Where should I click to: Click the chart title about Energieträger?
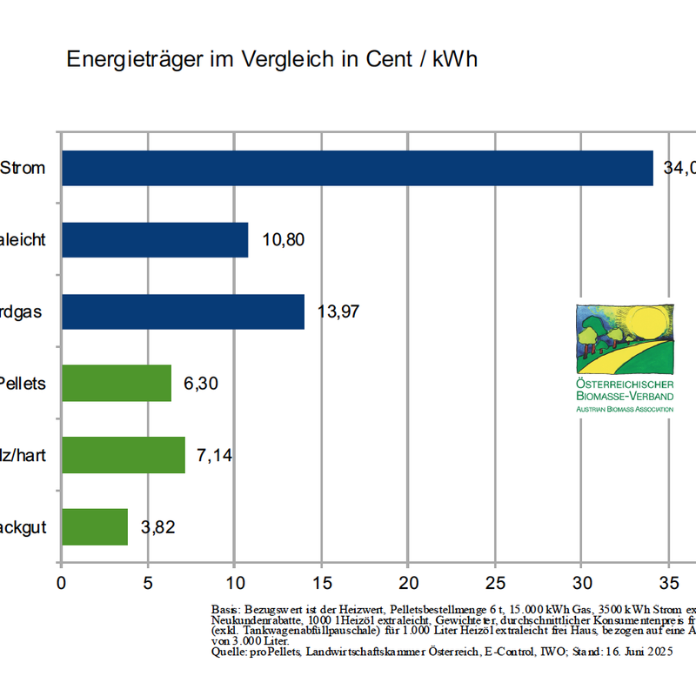[x=271, y=59]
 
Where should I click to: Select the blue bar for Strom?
[x=357, y=168]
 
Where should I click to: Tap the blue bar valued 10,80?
[x=154, y=240]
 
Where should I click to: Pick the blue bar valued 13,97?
[x=183, y=311]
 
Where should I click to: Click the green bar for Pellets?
[x=116, y=383]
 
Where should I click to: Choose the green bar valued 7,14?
[x=123, y=454]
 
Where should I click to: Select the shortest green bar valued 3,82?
[x=94, y=526]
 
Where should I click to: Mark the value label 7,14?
[x=214, y=455]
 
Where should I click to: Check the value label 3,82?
[x=157, y=527]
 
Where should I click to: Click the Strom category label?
[x=23, y=168]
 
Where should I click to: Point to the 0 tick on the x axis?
[x=61, y=582]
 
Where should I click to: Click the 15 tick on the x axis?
[x=321, y=582]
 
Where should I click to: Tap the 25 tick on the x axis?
[x=495, y=582]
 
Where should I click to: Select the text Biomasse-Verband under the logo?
[x=625, y=396]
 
